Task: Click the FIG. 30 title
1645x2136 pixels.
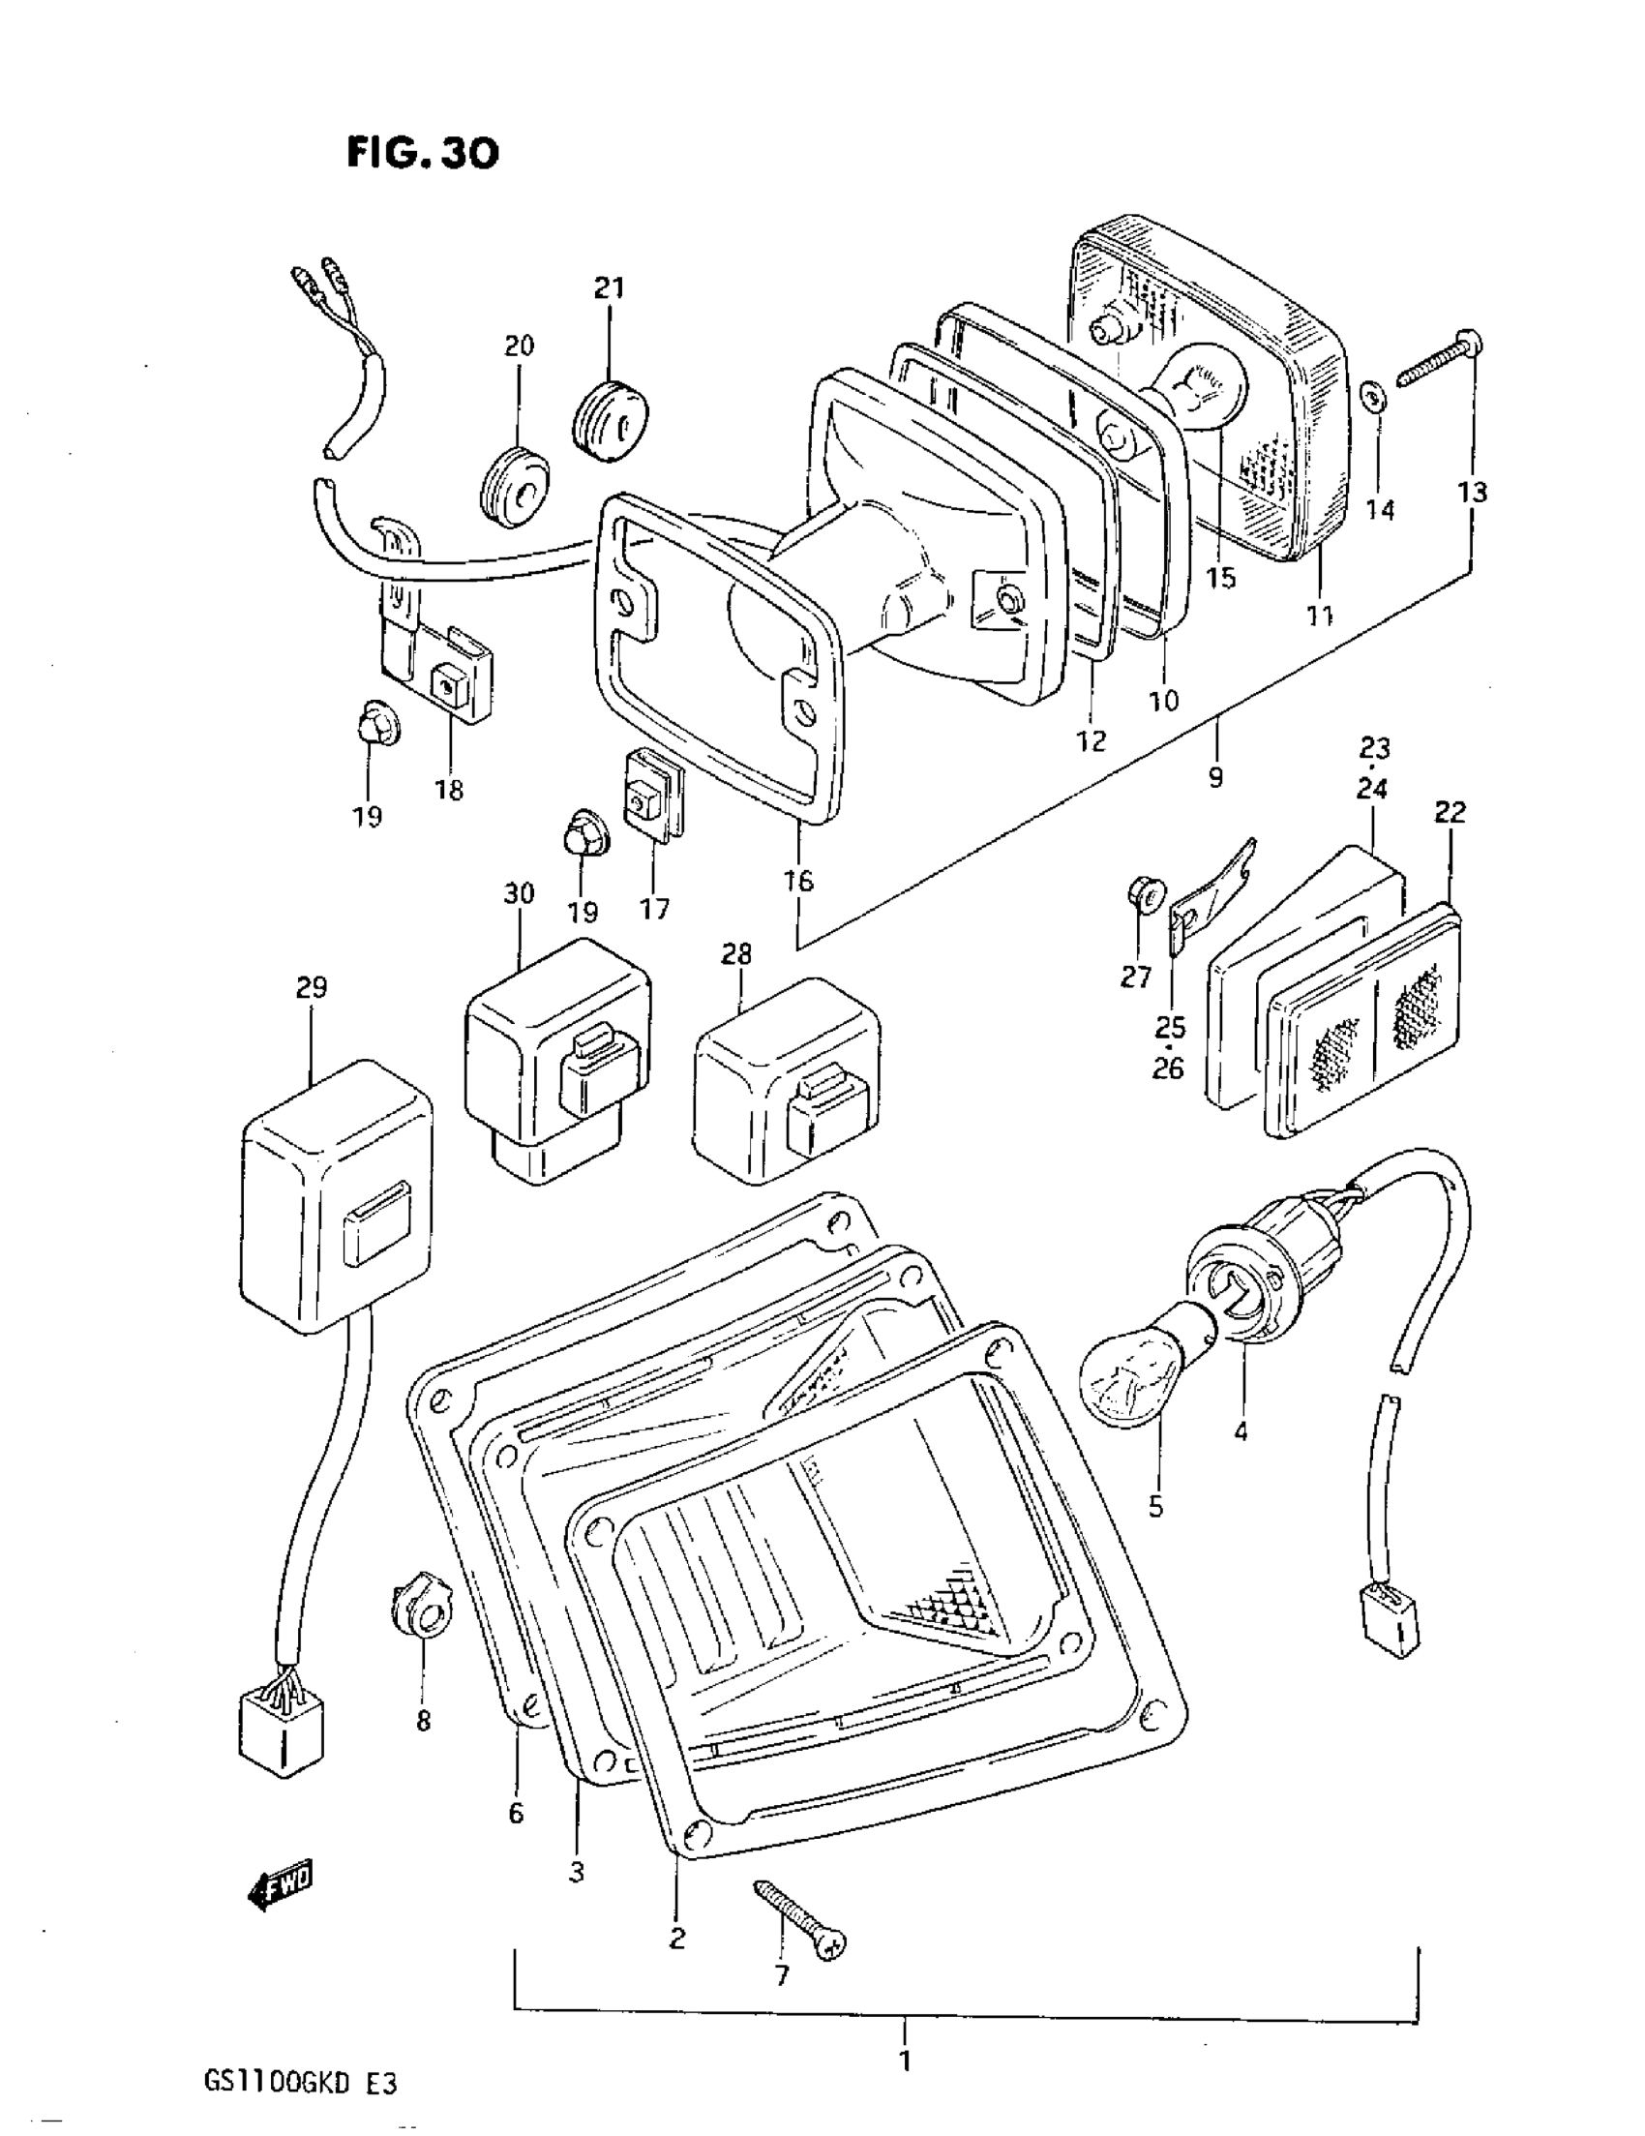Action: point(423,153)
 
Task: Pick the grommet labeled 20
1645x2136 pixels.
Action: point(516,486)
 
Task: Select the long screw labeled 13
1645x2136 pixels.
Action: point(1438,359)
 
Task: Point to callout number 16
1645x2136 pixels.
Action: point(798,881)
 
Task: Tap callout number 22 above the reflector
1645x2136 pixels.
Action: point(1451,812)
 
